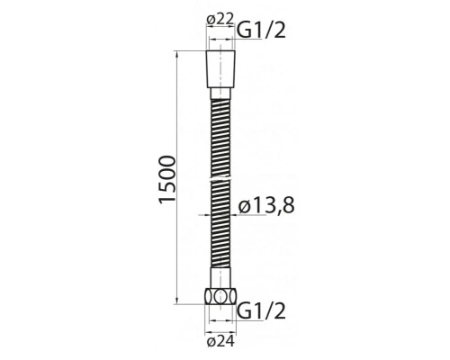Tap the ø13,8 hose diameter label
(267, 209)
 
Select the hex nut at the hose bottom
(220, 299)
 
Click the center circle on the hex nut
(220, 299)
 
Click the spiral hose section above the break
(220, 135)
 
